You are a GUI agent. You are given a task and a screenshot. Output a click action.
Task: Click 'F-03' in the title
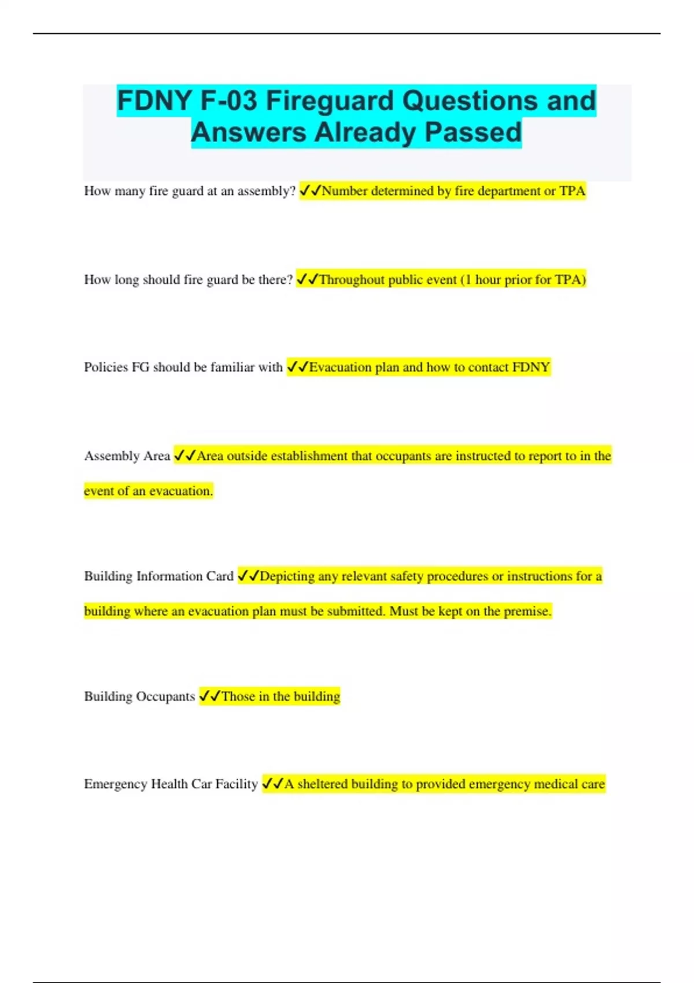point(228,101)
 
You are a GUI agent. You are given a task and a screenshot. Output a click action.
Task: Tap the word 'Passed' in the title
point(473,132)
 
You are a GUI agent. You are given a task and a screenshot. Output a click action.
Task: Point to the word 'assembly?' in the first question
point(267,191)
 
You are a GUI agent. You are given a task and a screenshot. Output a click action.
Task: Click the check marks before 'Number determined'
point(310,191)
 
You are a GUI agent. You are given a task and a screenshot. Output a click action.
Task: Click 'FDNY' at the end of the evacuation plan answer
point(531,367)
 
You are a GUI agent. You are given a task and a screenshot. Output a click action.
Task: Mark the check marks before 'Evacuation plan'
point(297,367)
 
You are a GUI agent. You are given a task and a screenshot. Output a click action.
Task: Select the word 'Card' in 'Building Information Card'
point(220,577)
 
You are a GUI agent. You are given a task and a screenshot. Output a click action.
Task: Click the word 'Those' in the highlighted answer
point(238,696)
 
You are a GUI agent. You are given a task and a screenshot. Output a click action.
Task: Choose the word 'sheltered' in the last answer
point(322,784)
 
